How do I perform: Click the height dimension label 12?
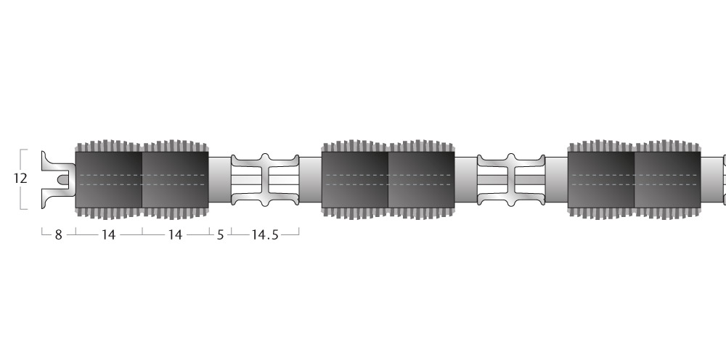20,179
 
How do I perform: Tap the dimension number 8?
58,235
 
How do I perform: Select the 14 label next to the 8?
108,235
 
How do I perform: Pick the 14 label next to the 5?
174,235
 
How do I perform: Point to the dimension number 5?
220,235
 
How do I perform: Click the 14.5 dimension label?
265,235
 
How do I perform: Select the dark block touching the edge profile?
108,179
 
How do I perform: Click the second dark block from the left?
175,179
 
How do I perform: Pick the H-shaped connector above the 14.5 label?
265,180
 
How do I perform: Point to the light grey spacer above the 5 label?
219,180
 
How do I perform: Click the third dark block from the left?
355,179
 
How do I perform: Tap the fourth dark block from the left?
421,179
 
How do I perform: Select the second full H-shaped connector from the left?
511,180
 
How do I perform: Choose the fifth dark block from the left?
601,179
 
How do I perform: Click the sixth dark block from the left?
668,179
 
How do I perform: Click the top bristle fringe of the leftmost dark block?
108,146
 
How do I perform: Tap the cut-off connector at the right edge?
725,180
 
